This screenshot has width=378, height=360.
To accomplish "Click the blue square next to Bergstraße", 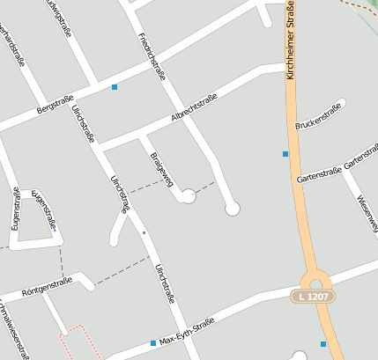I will (x=115, y=86).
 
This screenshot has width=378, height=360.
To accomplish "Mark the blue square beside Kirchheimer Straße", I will (x=285, y=154).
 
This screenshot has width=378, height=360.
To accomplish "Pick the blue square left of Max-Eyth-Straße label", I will (x=153, y=342).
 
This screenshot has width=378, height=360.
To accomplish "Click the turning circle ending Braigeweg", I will (x=188, y=197).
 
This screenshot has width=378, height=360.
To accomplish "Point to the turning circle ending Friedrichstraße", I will (x=233, y=209).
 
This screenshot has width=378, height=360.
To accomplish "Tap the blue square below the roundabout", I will (x=323, y=343).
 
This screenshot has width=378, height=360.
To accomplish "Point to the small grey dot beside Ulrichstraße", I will (x=144, y=232).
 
